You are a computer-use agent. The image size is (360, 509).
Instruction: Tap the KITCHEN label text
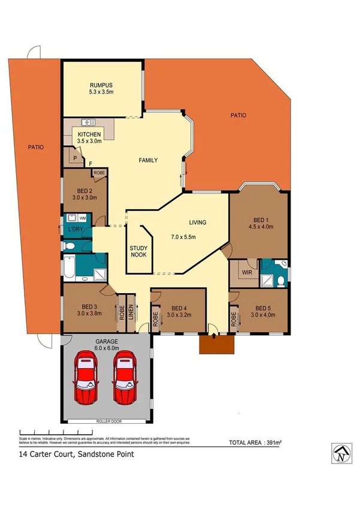[89, 134]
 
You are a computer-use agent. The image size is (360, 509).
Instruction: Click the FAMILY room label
[148, 160]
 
